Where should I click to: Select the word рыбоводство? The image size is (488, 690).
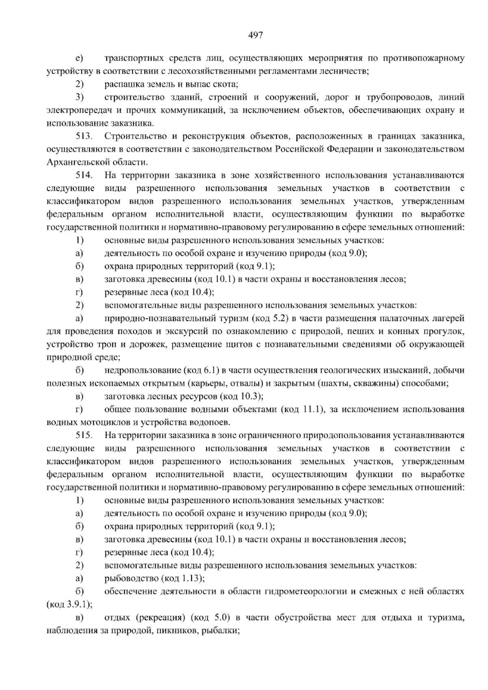[131, 579]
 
